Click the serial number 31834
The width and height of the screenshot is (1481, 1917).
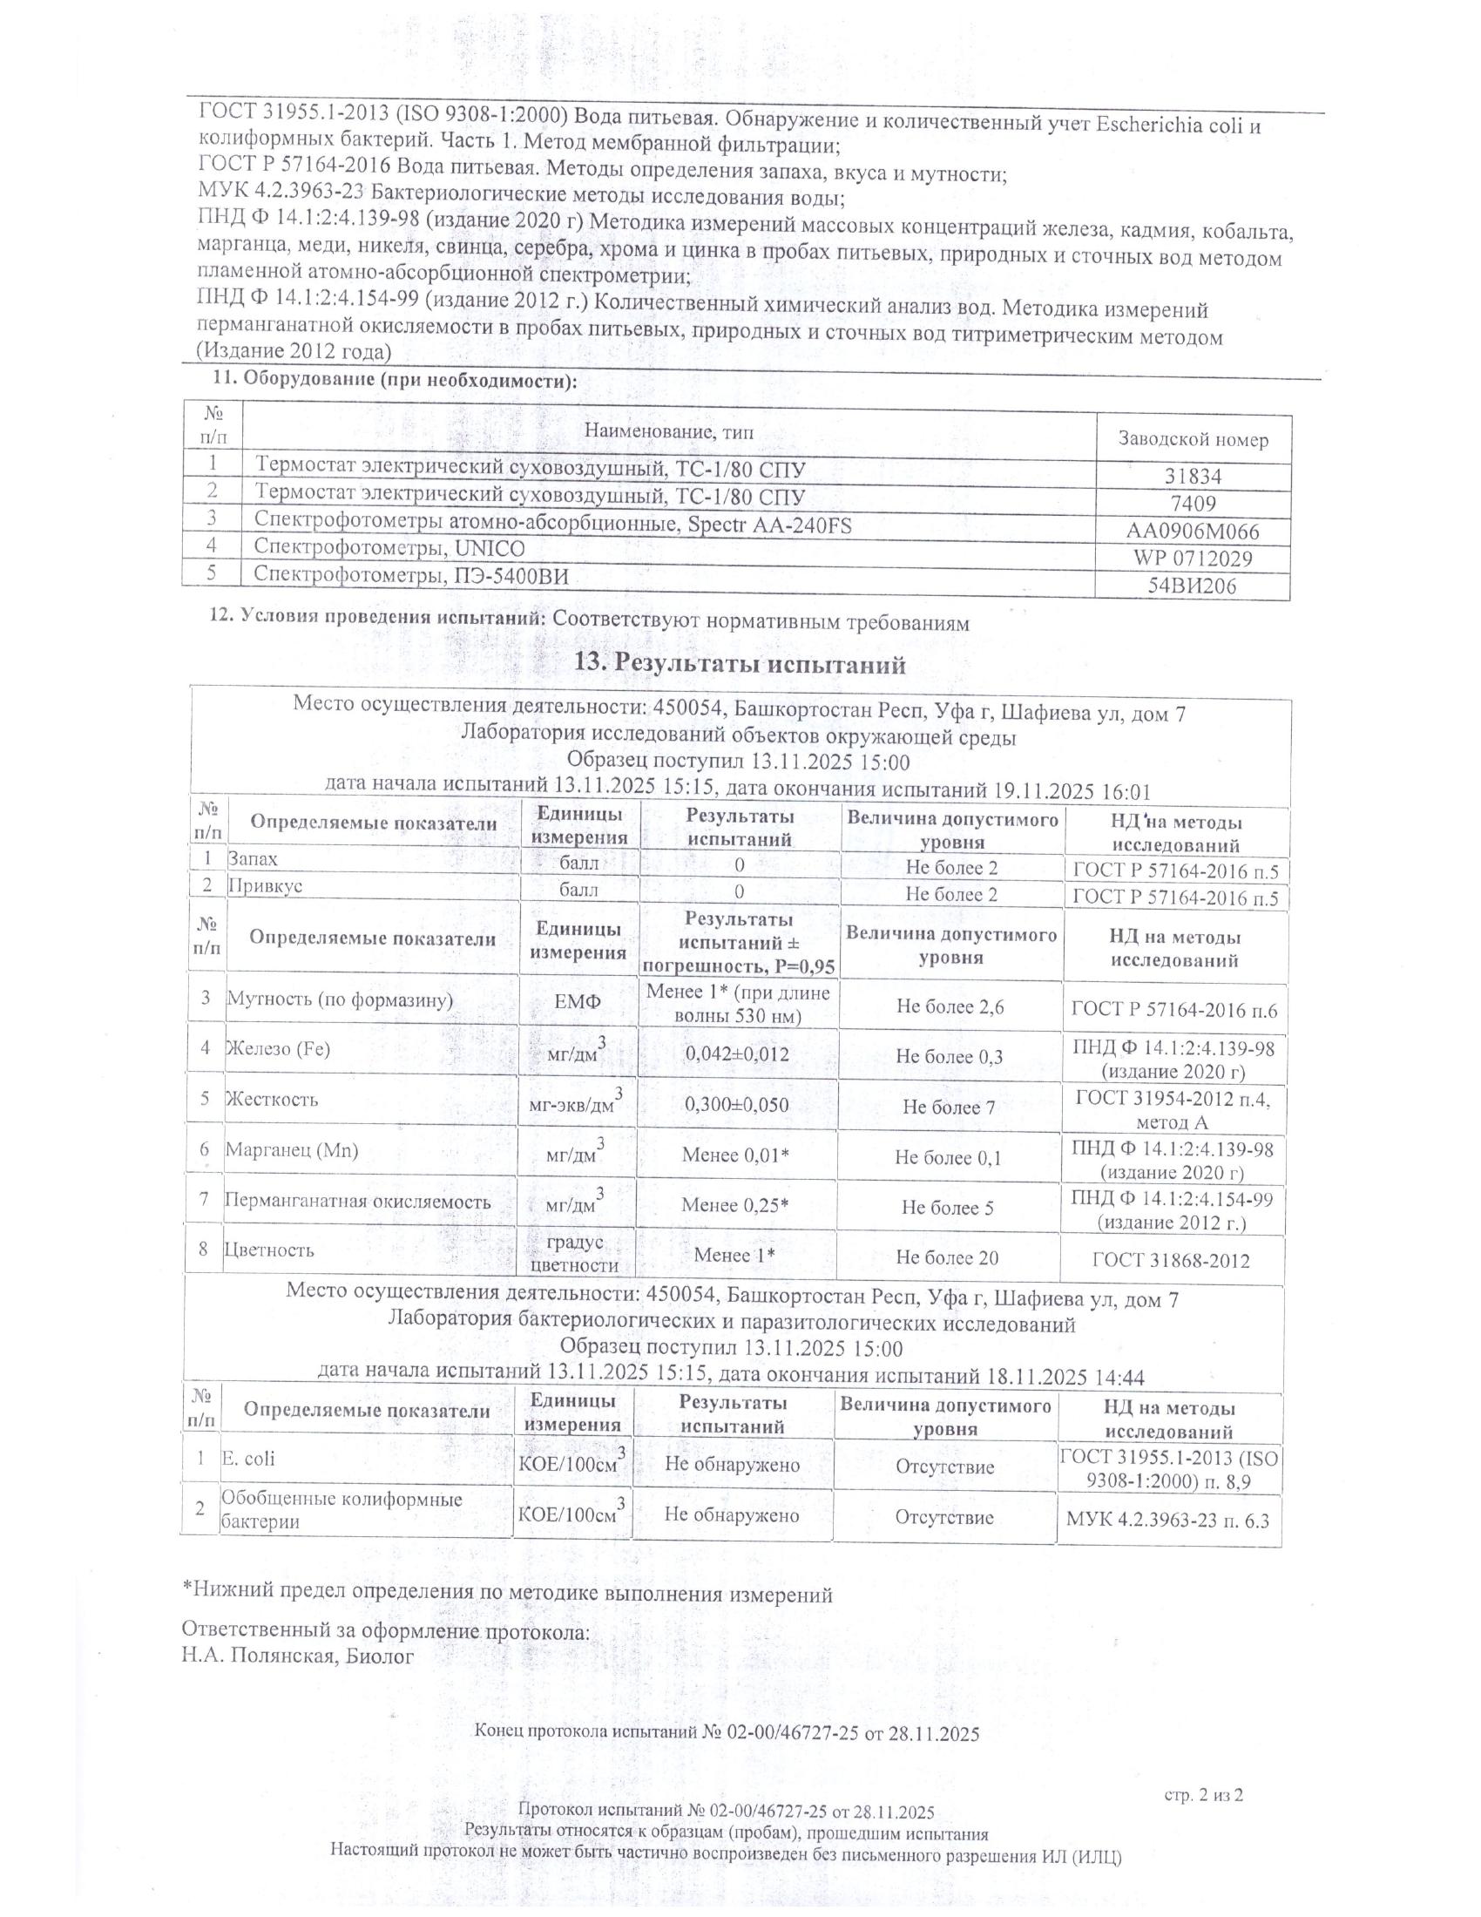(x=1193, y=477)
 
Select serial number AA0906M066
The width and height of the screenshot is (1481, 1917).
(x=1193, y=531)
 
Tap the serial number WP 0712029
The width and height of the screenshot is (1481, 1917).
(x=1193, y=559)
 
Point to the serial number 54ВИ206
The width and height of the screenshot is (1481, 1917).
(x=1193, y=586)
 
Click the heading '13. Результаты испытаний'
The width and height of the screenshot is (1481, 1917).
(x=739, y=665)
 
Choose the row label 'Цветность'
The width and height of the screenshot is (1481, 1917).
(x=268, y=1249)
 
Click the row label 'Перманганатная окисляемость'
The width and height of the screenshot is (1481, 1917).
(x=357, y=1202)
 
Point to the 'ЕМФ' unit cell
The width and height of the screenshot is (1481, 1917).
(x=579, y=1001)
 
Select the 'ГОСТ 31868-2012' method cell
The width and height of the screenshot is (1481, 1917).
(x=1170, y=1261)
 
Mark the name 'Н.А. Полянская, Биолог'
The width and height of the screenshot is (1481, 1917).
(x=296, y=1656)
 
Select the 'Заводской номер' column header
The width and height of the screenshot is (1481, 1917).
(x=1193, y=440)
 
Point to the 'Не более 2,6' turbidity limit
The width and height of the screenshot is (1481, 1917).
(x=950, y=1006)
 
